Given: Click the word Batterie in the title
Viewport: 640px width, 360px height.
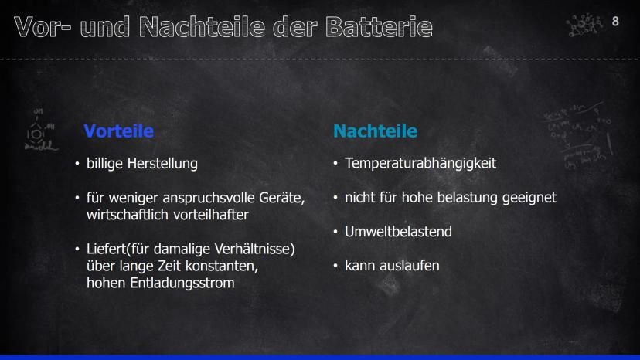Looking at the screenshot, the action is (379, 27).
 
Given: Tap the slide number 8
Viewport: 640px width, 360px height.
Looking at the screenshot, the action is (615, 21).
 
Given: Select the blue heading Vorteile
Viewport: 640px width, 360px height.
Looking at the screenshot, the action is (119, 131).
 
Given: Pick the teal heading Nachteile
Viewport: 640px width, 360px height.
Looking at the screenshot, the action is (375, 131).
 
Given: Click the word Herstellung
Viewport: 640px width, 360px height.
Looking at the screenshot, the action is (162, 163).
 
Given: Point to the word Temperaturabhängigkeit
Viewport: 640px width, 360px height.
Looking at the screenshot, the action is (420, 163).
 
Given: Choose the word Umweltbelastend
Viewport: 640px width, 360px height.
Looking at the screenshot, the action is (398, 232).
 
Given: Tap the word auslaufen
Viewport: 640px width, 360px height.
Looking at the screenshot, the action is (410, 265).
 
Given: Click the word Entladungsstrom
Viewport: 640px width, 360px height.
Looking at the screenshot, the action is (182, 283).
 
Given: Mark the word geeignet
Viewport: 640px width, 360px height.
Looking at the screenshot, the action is (529, 198).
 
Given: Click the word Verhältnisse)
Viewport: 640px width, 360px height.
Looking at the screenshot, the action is (254, 249).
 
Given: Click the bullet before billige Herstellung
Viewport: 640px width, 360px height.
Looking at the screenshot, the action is (77, 164).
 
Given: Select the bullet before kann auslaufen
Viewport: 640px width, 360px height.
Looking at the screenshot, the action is (335, 266).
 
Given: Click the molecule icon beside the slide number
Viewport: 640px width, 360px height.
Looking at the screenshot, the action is (584, 25).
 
